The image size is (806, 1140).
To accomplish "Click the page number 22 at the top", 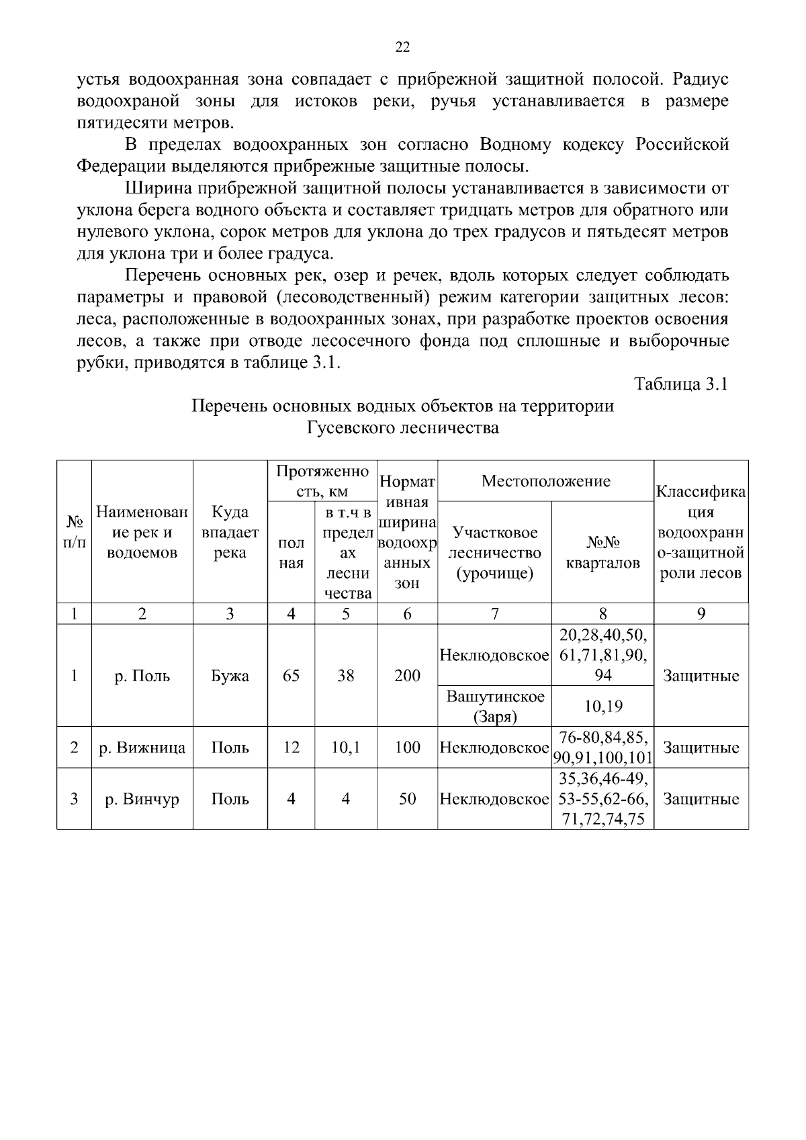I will [x=402, y=46].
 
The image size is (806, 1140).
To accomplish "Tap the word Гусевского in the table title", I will [x=348, y=427].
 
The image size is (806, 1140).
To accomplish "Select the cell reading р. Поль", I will [x=142, y=676].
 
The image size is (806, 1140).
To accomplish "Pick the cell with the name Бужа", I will [x=230, y=676].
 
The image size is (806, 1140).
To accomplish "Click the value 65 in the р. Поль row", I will [x=291, y=676].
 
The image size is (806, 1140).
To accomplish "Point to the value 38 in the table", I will [x=345, y=676].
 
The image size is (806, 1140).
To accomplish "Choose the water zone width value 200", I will [x=407, y=676].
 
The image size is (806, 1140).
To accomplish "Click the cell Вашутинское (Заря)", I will [x=494, y=706].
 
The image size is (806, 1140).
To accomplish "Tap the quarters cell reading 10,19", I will [x=602, y=706].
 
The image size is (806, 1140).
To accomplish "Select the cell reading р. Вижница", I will [x=142, y=748].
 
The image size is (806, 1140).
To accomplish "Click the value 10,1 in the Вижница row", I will [x=345, y=748].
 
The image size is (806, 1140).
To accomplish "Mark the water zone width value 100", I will [x=407, y=748].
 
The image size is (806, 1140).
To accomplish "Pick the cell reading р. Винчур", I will [x=142, y=799].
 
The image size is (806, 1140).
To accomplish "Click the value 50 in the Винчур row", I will [x=407, y=799].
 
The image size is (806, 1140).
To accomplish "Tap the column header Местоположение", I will [x=545, y=481].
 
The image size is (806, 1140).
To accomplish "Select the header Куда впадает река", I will [x=230, y=532].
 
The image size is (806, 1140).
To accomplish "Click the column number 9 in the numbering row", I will [x=701, y=613].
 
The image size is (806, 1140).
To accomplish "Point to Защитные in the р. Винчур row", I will [x=701, y=799].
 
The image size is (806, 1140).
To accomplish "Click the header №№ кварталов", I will [x=602, y=552].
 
